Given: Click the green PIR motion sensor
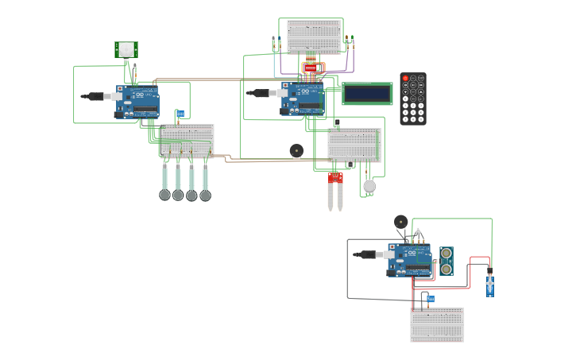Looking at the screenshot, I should click(126, 49).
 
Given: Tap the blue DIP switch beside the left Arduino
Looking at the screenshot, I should click(180, 114).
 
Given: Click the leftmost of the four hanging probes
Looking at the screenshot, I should click(164, 183).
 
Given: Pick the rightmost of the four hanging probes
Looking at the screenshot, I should click(205, 183).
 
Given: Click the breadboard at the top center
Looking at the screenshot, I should click(314, 36).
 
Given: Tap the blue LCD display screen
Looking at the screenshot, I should click(367, 94).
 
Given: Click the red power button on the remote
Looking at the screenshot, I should click(405, 79).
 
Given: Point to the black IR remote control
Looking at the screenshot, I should click(412, 99).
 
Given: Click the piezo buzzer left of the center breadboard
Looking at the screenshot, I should click(296, 149).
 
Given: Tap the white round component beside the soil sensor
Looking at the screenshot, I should click(369, 186).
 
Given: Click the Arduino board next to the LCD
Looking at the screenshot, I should click(303, 99).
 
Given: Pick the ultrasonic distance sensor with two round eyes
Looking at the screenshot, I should click(446, 261).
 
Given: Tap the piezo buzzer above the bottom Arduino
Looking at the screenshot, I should click(401, 222).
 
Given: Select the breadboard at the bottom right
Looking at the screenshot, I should click(437, 325).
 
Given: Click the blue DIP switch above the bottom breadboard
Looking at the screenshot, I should click(431, 299).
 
